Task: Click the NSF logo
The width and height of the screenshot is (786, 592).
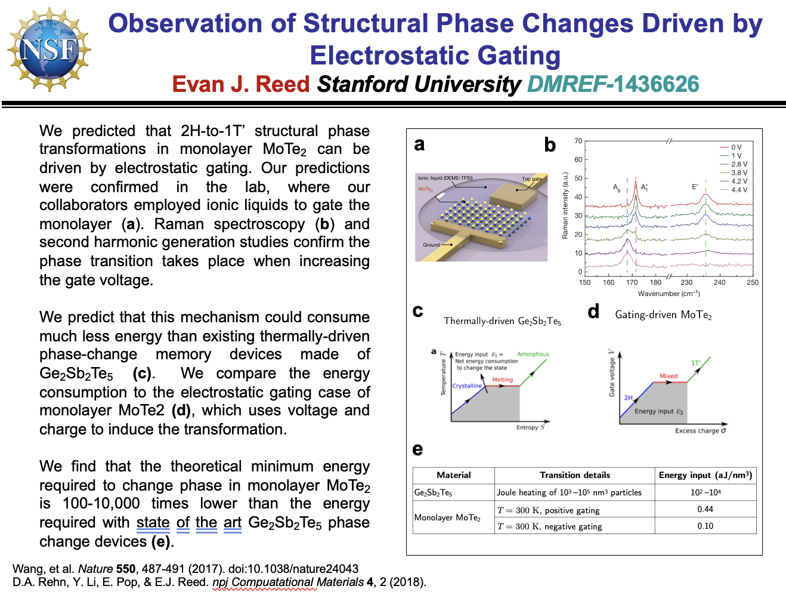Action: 49,49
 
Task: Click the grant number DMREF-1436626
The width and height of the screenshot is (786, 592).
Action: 613,84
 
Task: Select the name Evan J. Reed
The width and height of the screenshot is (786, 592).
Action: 241,84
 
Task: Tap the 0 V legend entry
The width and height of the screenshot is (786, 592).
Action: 736,147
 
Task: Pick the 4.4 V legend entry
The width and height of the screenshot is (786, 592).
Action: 738,190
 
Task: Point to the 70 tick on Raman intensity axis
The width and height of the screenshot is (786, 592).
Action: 578,141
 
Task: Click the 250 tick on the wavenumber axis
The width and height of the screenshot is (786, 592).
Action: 753,282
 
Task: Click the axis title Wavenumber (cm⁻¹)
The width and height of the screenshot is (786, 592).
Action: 669,294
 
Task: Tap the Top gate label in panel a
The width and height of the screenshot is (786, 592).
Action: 532,179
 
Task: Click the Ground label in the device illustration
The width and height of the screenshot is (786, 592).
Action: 431,245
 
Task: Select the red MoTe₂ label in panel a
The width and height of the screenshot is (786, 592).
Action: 425,189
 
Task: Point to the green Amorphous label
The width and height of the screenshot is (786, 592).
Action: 533,354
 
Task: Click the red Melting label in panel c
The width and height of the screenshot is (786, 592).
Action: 502,380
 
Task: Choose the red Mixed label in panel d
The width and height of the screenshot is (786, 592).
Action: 669,376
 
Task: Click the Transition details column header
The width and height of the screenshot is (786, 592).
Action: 575,475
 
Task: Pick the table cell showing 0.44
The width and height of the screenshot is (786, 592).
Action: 705,509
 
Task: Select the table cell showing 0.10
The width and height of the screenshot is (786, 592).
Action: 705,526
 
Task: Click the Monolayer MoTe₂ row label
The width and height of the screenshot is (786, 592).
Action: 447,517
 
